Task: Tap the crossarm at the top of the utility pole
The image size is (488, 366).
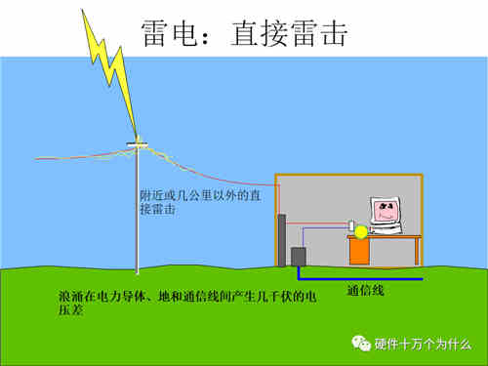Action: click(x=138, y=144)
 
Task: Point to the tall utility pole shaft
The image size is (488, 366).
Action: click(x=138, y=215)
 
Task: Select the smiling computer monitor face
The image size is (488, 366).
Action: click(x=386, y=213)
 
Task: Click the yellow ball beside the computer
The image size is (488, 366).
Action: click(x=362, y=230)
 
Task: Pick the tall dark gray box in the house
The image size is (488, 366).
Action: click(x=282, y=240)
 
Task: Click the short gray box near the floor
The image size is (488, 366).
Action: click(x=299, y=258)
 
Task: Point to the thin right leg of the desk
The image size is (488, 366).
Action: click(x=417, y=251)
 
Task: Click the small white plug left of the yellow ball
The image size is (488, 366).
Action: click(x=351, y=226)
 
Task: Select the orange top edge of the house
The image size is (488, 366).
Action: click(x=348, y=175)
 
